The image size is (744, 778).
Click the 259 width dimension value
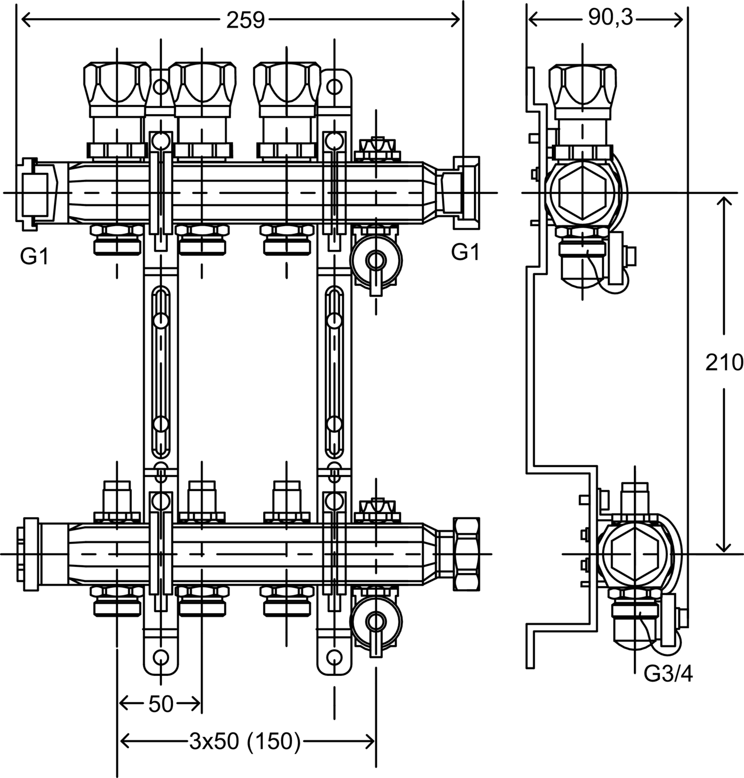point(245,21)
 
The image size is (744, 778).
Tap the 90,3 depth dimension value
point(611,19)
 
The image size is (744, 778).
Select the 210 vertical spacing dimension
point(724,363)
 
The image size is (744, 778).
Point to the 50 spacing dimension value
point(160,704)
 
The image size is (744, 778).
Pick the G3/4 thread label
point(668,674)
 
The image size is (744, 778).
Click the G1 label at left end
point(34,256)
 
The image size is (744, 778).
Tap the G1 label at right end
point(465,252)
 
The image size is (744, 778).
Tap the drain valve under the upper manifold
point(375,258)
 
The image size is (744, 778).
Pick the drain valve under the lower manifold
point(375,619)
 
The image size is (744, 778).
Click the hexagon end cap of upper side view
point(582,192)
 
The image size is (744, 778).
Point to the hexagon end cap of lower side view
point(635,554)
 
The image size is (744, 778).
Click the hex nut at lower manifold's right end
point(466,553)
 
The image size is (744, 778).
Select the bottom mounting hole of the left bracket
point(161,658)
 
